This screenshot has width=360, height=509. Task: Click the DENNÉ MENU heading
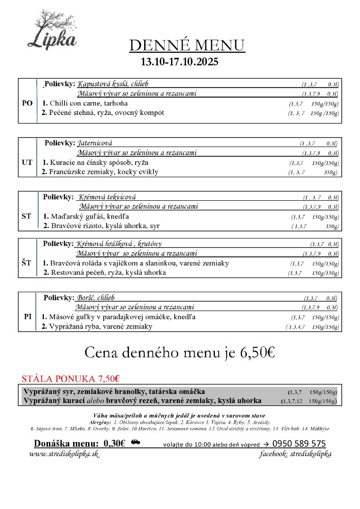[x=187, y=45]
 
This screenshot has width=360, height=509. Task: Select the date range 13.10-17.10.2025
[x=180, y=62]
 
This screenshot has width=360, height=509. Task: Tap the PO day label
[x=27, y=103]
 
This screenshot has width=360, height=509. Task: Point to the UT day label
[x=27, y=162]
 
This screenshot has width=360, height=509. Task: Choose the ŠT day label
[x=27, y=263]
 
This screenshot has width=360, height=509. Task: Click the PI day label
[x=27, y=317]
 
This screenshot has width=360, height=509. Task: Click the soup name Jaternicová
[x=95, y=143]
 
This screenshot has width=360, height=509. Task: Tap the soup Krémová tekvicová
[x=107, y=197]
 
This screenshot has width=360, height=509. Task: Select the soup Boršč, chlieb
[x=95, y=298]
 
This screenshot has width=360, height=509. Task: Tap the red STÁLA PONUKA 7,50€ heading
[x=71, y=378]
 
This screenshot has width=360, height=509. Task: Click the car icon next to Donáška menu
[x=136, y=443]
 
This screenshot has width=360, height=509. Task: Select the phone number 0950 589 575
[x=299, y=444]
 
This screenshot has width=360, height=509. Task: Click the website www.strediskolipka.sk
[x=64, y=454]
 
